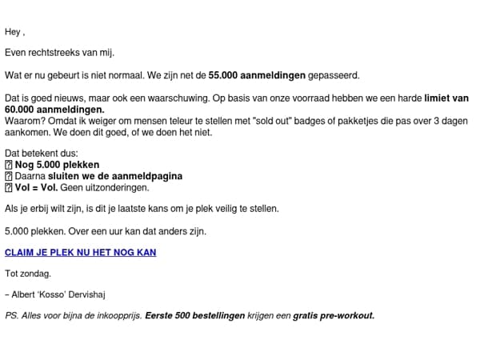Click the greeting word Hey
12,32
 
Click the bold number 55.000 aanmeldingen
257,75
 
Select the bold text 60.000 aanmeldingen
54,109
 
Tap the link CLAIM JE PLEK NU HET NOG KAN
80,252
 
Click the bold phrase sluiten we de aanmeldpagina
114,176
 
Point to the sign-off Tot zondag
28,274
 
